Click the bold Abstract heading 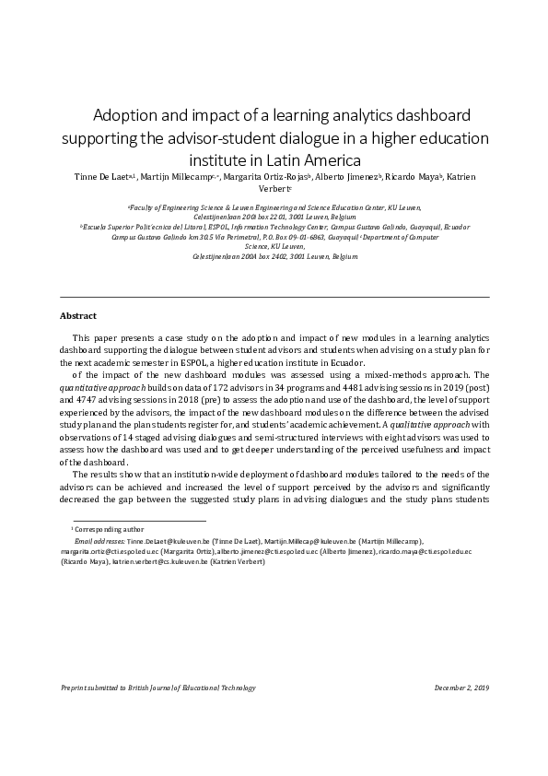click(78, 315)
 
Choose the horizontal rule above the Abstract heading click(274, 298)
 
